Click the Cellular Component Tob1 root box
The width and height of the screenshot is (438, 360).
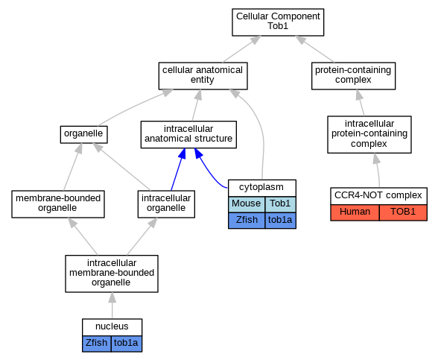tap(278, 22)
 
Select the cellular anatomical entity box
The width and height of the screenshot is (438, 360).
tap(203, 76)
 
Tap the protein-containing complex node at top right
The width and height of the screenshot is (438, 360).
tap(353, 76)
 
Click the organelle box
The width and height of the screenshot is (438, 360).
tap(83, 134)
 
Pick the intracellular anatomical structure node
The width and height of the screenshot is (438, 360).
tap(188, 134)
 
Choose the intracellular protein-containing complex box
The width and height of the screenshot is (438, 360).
tap(369, 134)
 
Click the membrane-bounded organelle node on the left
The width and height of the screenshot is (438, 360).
tap(58, 204)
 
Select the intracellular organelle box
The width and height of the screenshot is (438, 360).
tap(166, 204)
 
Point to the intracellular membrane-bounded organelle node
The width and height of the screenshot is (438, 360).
tap(112, 274)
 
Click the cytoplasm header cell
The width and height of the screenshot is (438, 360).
tap(262, 188)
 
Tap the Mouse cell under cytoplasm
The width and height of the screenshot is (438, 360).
tap(247, 204)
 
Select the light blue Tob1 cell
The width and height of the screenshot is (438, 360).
tap(280, 204)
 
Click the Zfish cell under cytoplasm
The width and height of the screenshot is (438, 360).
tap(247, 221)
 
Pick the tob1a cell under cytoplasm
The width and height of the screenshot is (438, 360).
tap(280, 221)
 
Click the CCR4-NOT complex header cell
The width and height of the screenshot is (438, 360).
tap(378, 196)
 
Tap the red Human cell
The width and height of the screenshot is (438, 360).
tap(355, 212)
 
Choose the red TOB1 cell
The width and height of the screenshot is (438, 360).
tap(404, 212)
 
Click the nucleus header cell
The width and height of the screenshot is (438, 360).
tap(112, 327)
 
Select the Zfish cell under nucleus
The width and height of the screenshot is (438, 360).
tap(97, 344)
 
